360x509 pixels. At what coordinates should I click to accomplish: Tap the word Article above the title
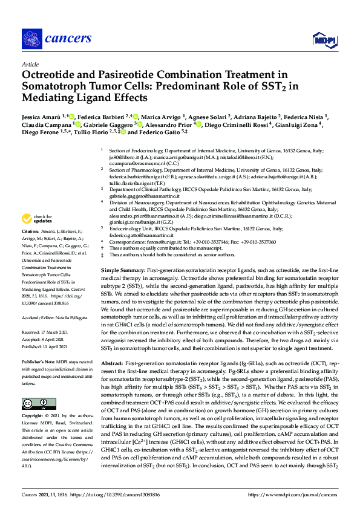point(30,64)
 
